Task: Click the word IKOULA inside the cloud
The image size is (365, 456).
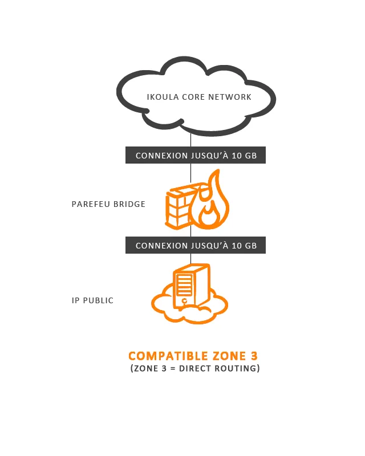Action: (x=163, y=97)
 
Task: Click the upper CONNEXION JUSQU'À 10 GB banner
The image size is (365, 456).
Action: (x=196, y=155)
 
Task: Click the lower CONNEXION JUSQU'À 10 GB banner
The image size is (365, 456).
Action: (x=196, y=245)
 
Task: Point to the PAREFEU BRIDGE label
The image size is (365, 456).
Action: (x=108, y=204)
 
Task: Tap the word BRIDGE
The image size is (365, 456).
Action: (x=129, y=204)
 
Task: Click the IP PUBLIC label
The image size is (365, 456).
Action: (x=92, y=300)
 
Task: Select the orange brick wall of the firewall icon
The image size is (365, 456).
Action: (x=179, y=206)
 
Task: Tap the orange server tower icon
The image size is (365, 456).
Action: (x=190, y=285)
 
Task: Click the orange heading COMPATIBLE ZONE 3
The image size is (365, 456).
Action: (x=193, y=356)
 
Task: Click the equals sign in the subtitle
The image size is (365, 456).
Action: (x=173, y=369)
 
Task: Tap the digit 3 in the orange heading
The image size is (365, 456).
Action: (x=254, y=356)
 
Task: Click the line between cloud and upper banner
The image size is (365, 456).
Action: (x=190, y=140)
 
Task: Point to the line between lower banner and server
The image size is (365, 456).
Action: (x=190, y=259)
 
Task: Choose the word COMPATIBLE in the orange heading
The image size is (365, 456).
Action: (x=168, y=356)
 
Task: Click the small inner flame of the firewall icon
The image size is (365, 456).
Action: (x=209, y=215)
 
